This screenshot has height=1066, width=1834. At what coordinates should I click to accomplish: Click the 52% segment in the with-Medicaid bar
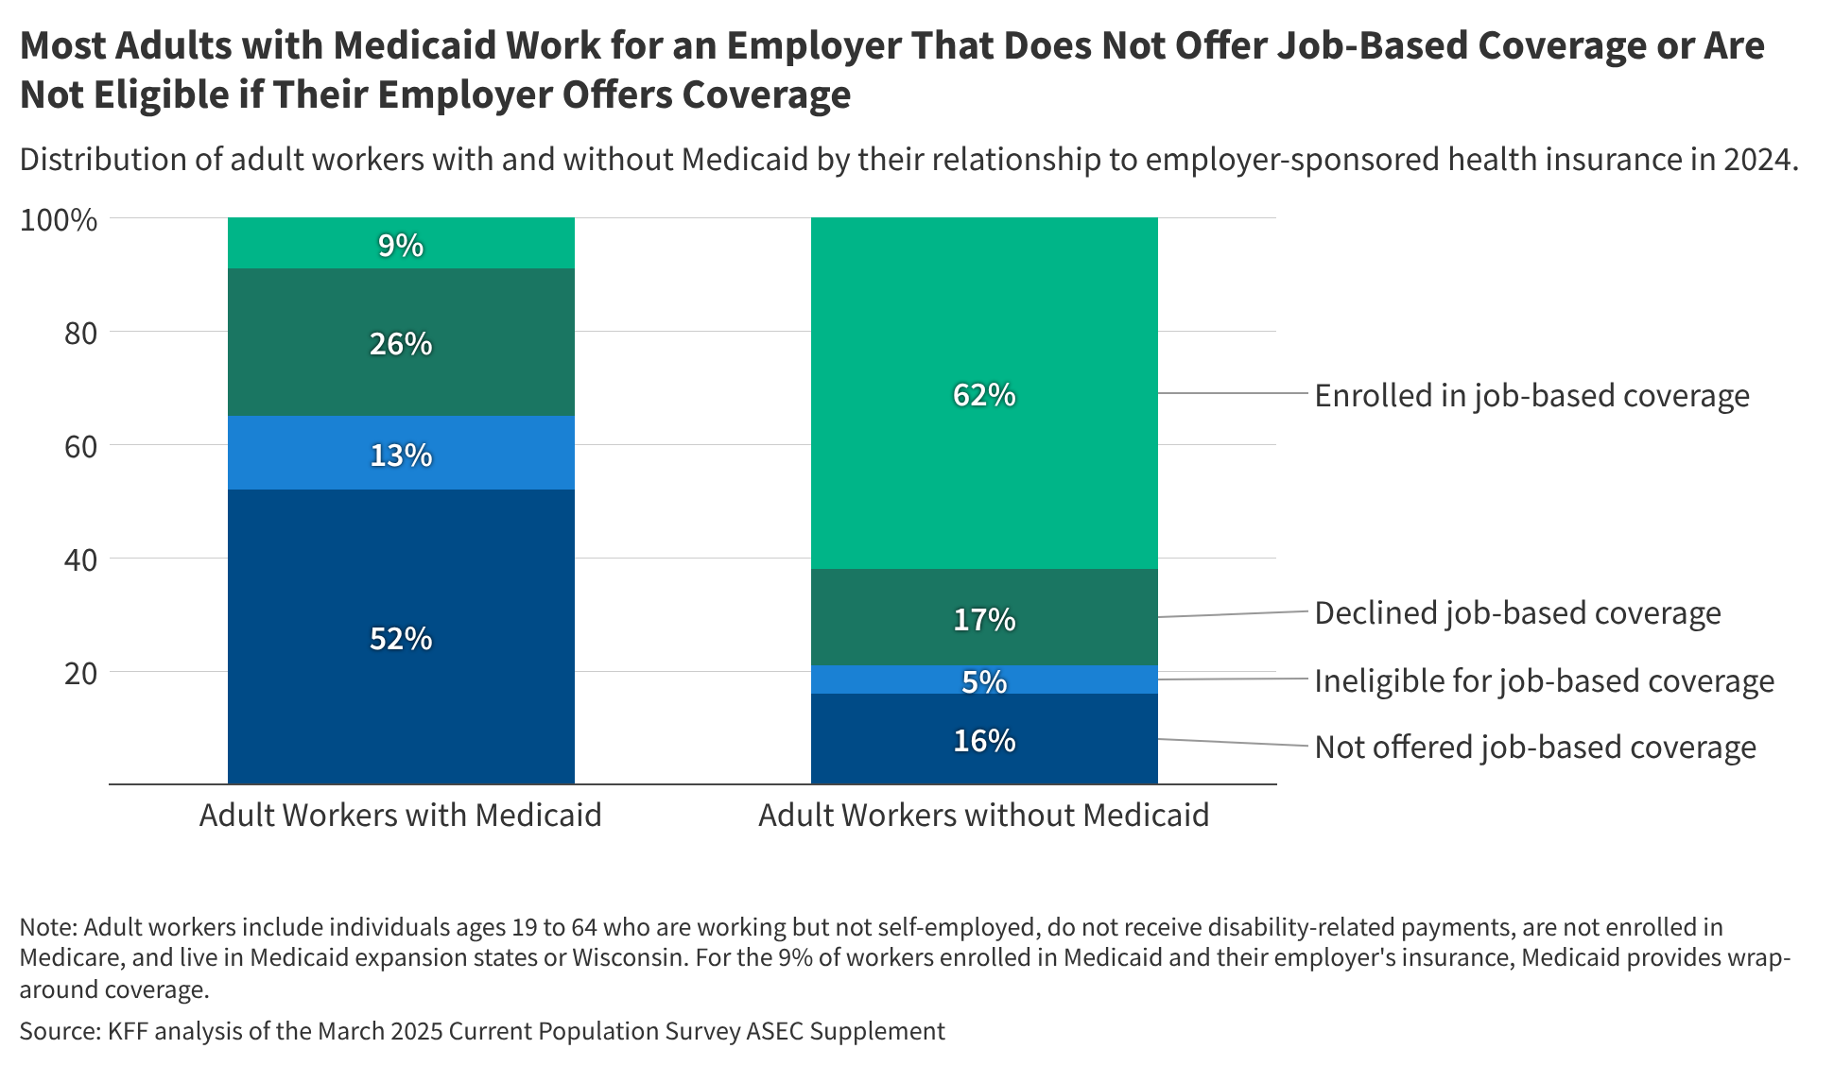tap(401, 638)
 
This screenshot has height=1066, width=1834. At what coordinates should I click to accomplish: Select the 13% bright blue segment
tap(401, 454)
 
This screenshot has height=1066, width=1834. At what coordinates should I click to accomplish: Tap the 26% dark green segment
tap(401, 342)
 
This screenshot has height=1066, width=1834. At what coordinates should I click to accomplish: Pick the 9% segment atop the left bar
tap(401, 244)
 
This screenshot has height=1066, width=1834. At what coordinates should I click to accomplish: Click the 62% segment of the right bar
tap(984, 393)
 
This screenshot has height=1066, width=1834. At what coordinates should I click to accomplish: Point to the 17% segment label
tap(984, 619)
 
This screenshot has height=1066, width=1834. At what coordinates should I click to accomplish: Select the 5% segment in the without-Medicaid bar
tap(984, 680)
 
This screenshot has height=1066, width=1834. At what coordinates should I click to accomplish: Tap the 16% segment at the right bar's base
tap(984, 740)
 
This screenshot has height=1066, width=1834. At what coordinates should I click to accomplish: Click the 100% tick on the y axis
tap(59, 220)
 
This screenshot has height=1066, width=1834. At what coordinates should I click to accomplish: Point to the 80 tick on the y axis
tap(80, 334)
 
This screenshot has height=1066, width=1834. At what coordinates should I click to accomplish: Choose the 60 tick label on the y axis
tap(80, 447)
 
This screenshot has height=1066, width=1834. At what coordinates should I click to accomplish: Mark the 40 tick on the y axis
tap(80, 560)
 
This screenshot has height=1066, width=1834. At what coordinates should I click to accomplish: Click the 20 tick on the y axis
tap(80, 674)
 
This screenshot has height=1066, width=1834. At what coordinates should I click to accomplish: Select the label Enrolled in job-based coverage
tap(1531, 395)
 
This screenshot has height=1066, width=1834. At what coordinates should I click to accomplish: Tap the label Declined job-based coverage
tap(1517, 613)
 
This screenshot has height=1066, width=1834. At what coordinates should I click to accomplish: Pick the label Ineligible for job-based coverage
tap(1544, 680)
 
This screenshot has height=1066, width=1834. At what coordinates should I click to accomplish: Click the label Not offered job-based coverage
tap(1535, 747)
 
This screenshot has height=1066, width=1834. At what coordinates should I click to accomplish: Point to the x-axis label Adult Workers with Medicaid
tap(401, 815)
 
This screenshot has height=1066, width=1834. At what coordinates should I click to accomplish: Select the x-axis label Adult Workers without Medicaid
tap(984, 815)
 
